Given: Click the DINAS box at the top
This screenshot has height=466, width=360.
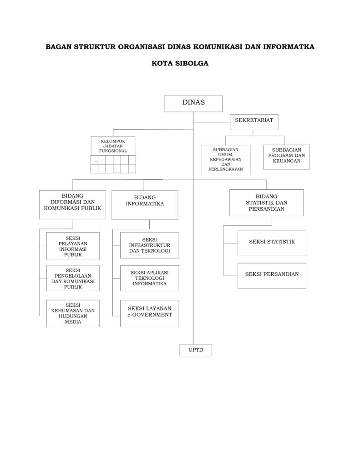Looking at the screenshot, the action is click(193, 103).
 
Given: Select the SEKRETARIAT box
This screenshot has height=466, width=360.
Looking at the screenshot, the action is click(254, 122).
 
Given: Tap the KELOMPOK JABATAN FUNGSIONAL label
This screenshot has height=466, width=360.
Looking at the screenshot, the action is click(113, 146).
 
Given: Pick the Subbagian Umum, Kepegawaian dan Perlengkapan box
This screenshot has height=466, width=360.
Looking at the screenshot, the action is click(225, 160).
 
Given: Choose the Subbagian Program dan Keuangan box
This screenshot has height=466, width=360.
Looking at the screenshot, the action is click(286, 157).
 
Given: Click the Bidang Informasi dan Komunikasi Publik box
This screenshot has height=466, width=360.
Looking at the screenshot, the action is click(72, 205).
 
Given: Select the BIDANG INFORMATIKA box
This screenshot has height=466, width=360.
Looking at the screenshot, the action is click(145, 205).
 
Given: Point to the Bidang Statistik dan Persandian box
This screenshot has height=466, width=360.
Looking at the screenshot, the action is click(266, 203).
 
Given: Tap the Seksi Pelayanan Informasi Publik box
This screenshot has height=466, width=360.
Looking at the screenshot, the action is click(73, 246).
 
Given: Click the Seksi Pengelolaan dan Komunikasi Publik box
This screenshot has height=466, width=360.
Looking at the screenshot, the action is click(73, 279).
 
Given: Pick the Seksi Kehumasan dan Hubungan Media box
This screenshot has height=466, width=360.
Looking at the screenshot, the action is click(73, 314).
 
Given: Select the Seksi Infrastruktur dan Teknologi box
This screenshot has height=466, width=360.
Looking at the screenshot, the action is click(150, 245).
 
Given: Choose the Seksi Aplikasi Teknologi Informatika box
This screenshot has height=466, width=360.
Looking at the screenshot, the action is click(150, 278).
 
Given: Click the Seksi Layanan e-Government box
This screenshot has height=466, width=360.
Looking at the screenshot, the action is click(150, 314).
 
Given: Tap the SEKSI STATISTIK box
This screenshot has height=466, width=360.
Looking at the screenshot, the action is click(272, 243).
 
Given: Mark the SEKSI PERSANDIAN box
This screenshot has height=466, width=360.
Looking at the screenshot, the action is click(272, 275).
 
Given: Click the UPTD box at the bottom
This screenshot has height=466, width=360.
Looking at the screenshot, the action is click(196, 350).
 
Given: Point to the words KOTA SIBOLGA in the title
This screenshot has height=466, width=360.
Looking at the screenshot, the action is click(180, 63).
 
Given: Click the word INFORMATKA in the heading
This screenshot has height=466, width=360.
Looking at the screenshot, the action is click(289, 47).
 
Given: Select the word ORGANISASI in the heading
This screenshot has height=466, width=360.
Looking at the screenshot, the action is click(142, 47).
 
